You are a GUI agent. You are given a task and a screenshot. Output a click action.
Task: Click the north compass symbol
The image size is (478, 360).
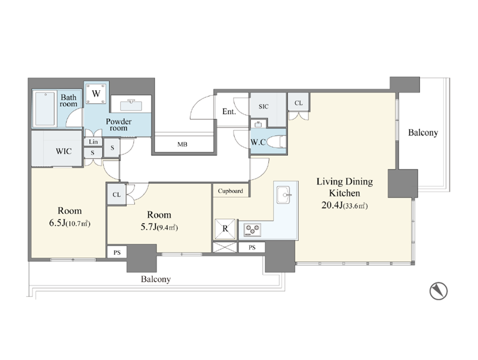[x=439, y=291]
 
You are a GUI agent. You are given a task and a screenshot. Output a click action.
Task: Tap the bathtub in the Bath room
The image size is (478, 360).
[x=45, y=109]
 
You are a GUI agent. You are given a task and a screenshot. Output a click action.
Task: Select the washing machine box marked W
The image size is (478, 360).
[x=96, y=93]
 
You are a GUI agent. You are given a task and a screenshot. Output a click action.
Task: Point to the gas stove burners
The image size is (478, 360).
[x=252, y=230]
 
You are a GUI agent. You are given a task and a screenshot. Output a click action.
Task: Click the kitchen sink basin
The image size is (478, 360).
[x=284, y=195]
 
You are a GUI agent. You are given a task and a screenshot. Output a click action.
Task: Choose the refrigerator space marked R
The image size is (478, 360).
[x=225, y=229]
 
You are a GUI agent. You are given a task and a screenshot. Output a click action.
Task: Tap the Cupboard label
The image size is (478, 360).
[x=231, y=191]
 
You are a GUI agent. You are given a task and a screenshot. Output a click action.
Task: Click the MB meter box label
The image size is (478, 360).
[x=182, y=144]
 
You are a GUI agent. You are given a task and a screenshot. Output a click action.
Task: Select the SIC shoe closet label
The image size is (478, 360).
[x=263, y=106]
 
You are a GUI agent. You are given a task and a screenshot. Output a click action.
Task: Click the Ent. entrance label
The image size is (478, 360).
[x=229, y=112]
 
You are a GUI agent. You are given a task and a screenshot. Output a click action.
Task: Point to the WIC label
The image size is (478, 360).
[x=64, y=151]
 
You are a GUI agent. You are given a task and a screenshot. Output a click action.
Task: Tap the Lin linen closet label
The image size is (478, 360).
[x=93, y=141]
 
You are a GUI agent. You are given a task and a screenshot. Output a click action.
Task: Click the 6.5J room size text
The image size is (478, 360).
[x=69, y=223]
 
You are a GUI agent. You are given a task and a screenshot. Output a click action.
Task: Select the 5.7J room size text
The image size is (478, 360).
[x=159, y=227]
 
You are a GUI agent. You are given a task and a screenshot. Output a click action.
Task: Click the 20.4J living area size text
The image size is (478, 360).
[x=345, y=205]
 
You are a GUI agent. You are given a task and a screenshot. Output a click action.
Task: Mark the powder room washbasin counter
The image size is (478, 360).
[x=131, y=104]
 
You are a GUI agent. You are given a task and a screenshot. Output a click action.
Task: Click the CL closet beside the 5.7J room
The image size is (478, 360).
[x=117, y=194]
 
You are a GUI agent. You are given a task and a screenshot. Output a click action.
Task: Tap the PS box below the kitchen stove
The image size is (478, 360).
[x=252, y=247]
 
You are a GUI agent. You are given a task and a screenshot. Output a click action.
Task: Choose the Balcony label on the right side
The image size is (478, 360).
[x=423, y=133]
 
